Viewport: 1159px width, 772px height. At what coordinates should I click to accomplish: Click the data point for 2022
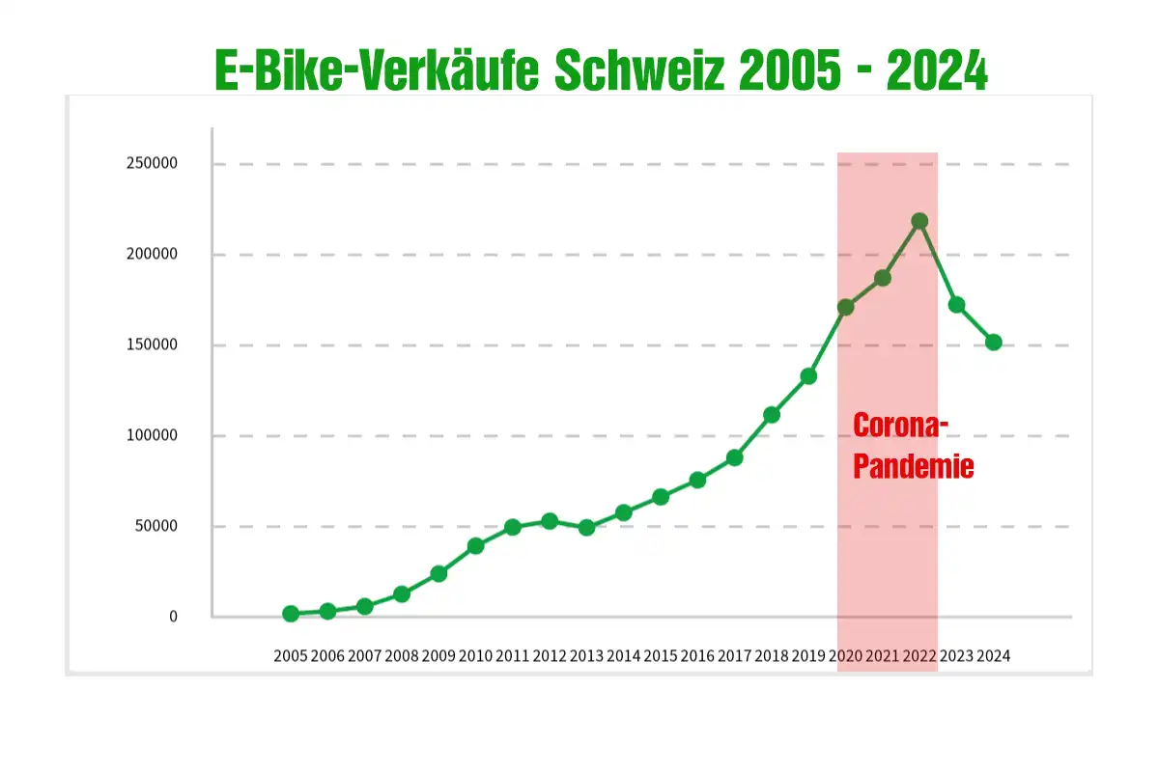point(919,221)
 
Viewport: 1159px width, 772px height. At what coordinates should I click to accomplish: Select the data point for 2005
point(291,614)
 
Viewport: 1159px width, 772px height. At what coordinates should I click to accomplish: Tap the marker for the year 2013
point(586,528)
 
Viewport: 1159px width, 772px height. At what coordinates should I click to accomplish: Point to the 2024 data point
point(993,342)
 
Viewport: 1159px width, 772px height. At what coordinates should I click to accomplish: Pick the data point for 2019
point(808,376)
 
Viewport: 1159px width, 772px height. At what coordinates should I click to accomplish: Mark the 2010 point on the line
point(475,546)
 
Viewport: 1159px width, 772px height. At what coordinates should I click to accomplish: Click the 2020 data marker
point(845,308)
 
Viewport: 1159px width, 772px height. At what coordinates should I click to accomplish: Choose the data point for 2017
point(734,457)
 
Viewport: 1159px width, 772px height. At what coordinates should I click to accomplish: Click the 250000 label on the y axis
point(152,163)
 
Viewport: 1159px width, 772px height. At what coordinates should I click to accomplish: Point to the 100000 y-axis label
point(152,435)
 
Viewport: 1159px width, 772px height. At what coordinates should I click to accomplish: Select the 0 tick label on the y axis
point(174,617)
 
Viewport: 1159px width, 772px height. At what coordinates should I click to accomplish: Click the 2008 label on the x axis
point(402,656)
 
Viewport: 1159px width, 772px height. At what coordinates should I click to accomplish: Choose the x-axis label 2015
point(661,656)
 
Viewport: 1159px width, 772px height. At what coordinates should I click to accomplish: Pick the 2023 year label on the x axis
point(956,656)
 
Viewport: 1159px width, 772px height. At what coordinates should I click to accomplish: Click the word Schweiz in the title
point(638,71)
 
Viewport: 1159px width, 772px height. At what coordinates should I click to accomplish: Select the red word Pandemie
point(914,467)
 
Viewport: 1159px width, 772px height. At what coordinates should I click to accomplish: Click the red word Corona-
point(901,426)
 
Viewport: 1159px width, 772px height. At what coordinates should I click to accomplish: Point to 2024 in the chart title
point(937,71)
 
